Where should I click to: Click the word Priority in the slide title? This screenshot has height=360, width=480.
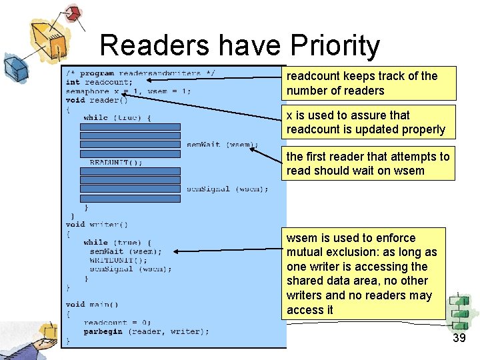click(x=335, y=47)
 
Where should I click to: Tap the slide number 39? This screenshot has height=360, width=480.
click(x=459, y=338)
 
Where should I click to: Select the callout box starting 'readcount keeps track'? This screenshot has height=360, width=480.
click(x=368, y=83)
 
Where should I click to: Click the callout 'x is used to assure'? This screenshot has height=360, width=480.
click(x=368, y=122)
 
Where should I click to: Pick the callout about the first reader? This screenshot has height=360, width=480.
click(x=368, y=163)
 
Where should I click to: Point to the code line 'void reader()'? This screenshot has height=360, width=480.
click(x=97, y=100)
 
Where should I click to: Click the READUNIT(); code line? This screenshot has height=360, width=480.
click(x=116, y=162)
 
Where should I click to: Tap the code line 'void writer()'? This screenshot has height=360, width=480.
click(x=97, y=225)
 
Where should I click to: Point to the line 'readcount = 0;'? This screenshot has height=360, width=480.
click(x=117, y=323)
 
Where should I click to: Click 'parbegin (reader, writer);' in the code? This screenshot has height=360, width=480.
click(x=146, y=331)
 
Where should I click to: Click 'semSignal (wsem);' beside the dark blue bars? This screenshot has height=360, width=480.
click(x=227, y=189)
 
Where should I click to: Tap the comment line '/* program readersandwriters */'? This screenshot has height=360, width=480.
click(x=140, y=73)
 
